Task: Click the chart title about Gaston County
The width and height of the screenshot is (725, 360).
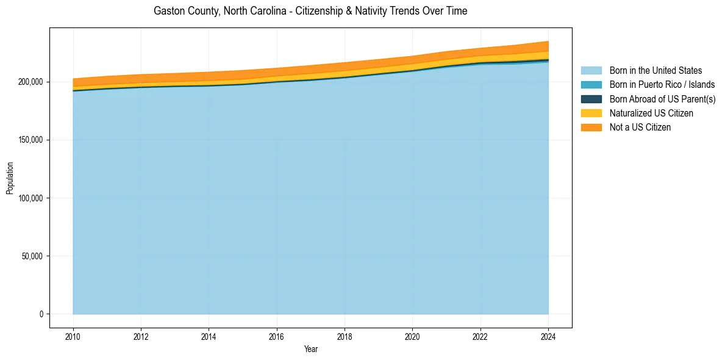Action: (310, 11)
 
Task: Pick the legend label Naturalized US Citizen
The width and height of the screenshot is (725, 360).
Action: (651, 113)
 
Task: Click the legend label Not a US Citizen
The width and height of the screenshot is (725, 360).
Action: (640, 128)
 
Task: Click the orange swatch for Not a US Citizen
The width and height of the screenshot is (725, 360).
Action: (591, 128)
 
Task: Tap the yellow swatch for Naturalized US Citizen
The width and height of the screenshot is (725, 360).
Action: (591, 113)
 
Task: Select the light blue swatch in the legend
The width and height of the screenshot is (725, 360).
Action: (591, 71)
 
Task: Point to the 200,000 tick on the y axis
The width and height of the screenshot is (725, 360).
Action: (31, 82)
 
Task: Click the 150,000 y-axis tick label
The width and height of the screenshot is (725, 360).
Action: (31, 140)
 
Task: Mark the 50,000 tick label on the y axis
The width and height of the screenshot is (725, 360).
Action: (33, 256)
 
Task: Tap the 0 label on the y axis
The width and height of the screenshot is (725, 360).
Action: (42, 314)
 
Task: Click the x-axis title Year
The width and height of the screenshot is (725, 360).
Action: (310, 350)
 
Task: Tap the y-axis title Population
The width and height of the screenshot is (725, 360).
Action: (10, 178)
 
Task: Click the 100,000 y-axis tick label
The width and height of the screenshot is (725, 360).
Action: (31, 198)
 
